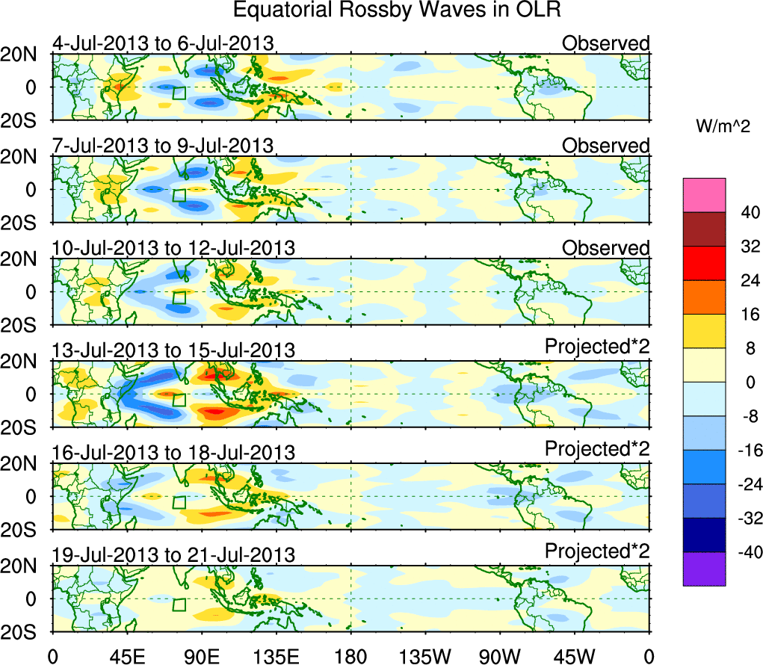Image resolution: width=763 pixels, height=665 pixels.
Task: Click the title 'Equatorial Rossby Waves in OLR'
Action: [x=397, y=11]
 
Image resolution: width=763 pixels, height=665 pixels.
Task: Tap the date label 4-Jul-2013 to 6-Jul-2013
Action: [x=162, y=43]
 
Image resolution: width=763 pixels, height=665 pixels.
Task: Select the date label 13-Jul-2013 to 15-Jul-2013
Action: [x=173, y=350]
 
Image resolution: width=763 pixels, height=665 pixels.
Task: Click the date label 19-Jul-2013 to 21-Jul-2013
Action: [x=173, y=555]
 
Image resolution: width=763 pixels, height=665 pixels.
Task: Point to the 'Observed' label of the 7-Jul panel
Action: [x=605, y=146]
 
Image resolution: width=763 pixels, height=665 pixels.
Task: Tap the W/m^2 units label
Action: [x=724, y=128]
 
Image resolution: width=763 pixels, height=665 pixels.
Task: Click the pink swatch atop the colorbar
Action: [x=704, y=195]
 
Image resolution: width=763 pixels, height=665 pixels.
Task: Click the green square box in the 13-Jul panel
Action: [x=179, y=400]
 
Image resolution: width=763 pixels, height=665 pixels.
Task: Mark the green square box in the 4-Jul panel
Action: [x=179, y=93]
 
